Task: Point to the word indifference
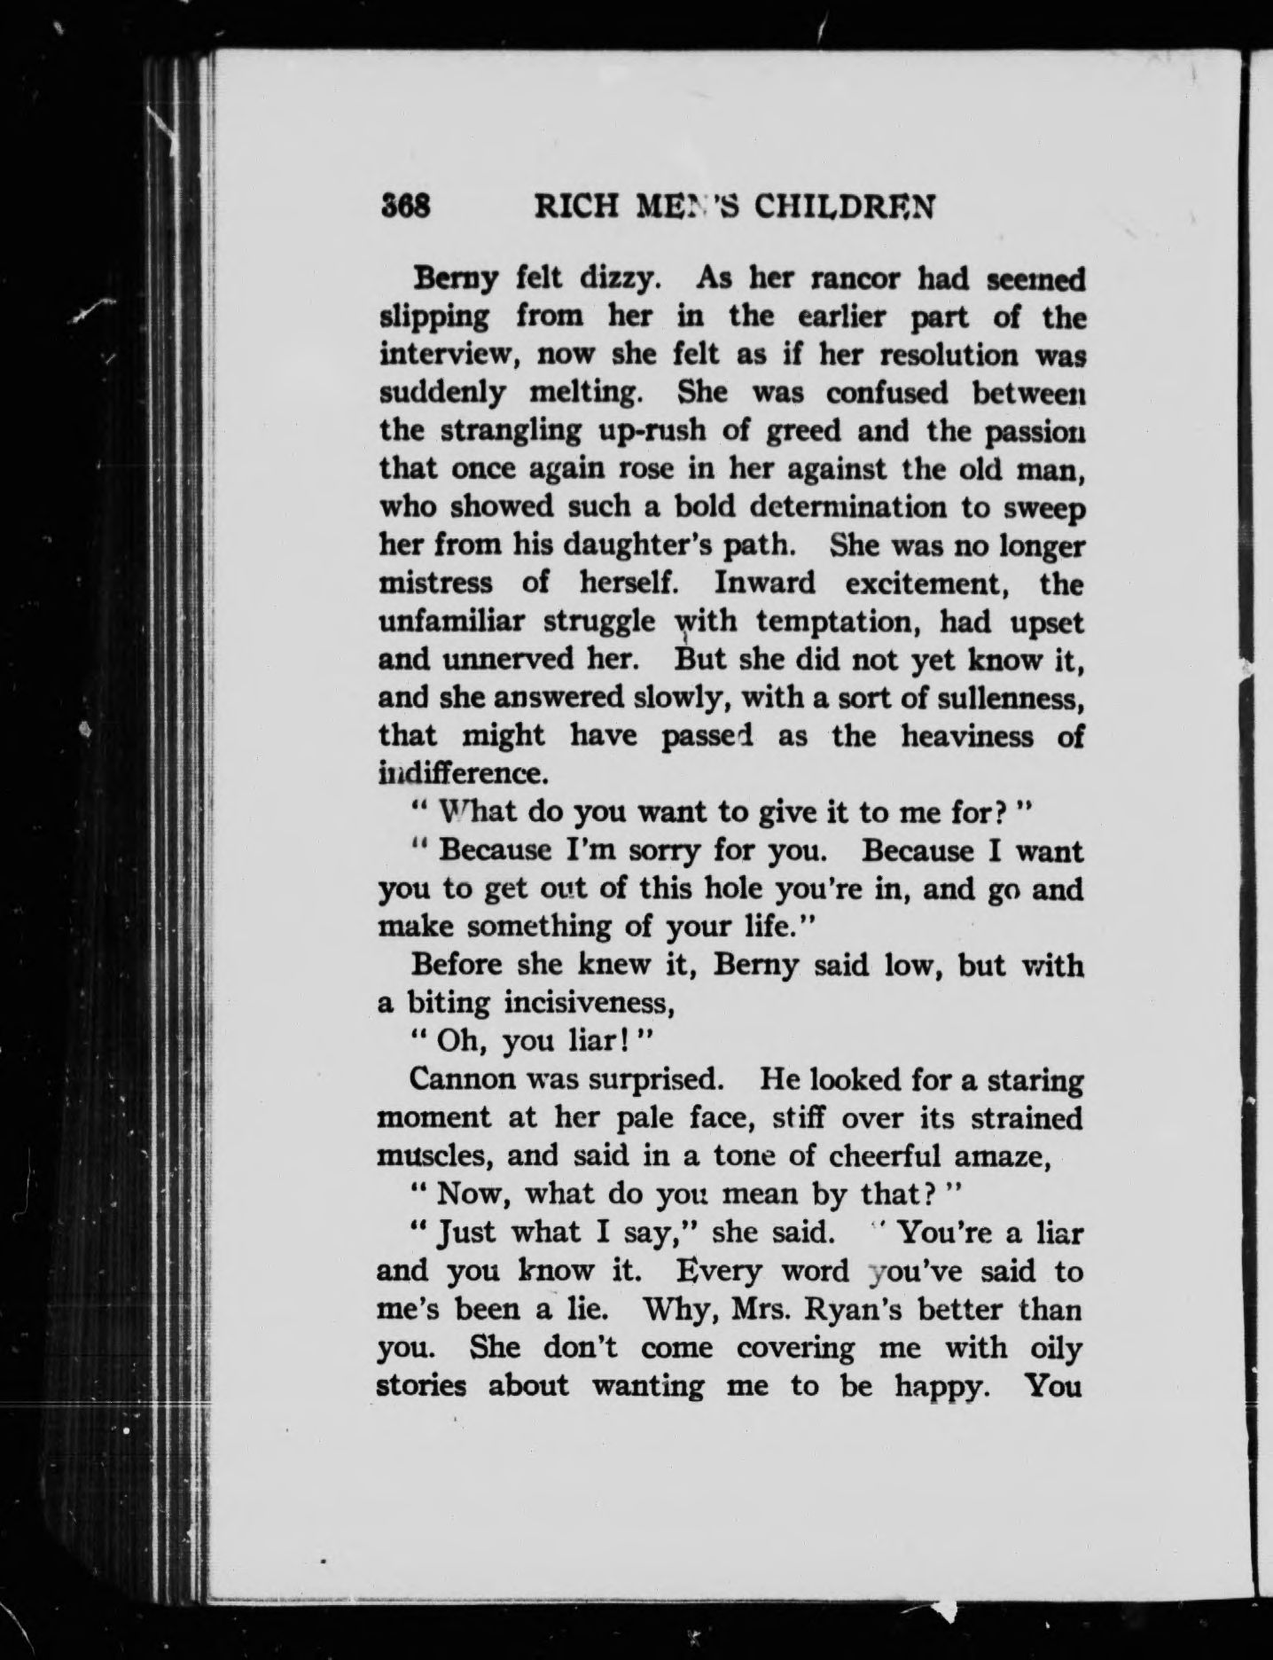458,773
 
